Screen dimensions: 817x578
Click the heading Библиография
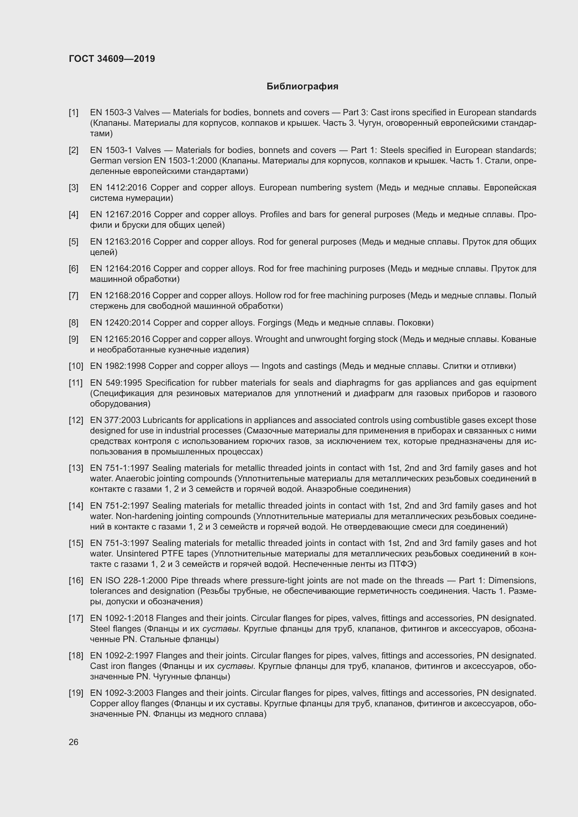[x=302, y=87]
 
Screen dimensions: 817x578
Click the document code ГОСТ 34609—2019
[x=112, y=59]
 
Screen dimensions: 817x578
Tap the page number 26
[x=73, y=742]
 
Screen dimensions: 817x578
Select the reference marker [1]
[x=73, y=113]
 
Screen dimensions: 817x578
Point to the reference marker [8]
[x=73, y=323]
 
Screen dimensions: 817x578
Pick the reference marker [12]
[x=75, y=420]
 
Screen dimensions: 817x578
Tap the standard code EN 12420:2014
[x=120, y=323]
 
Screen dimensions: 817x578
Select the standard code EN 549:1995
[x=116, y=383]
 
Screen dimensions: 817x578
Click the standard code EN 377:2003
[x=115, y=420]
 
